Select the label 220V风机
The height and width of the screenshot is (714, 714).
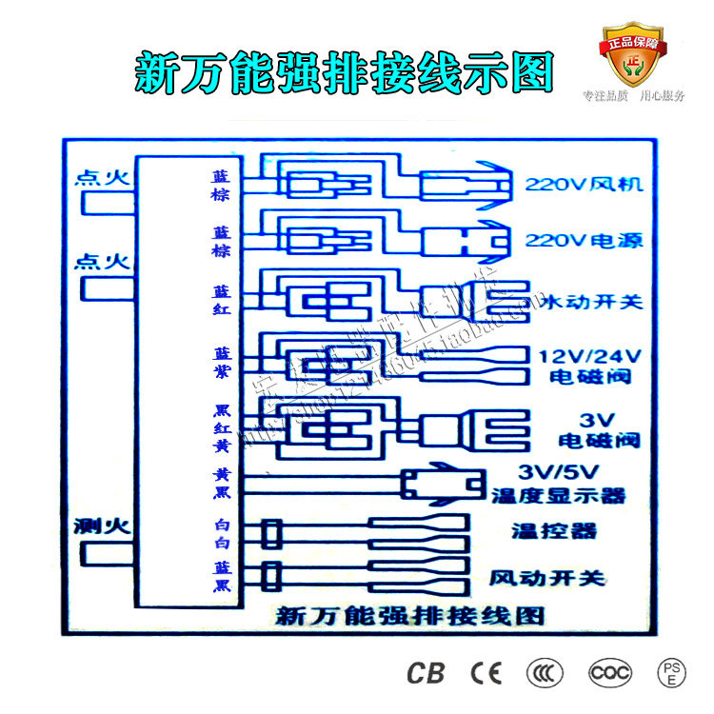(x=584, y=184)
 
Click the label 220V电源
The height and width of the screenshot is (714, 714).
(x=584, y=241)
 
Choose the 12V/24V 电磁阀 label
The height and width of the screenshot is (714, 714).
(x=591, y=367)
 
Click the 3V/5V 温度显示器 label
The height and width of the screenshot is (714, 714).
(x=557, y=484)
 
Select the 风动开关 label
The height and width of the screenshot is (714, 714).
(x=546, y=578)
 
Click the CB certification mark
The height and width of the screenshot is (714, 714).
(x=426, y=673)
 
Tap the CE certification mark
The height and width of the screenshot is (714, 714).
(x=486, y=673)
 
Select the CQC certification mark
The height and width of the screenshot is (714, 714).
(x=609, y=673)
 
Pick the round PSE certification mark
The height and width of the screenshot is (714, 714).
(x=671, y=673)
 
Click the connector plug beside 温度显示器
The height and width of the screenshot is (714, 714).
(x=440, y=486)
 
